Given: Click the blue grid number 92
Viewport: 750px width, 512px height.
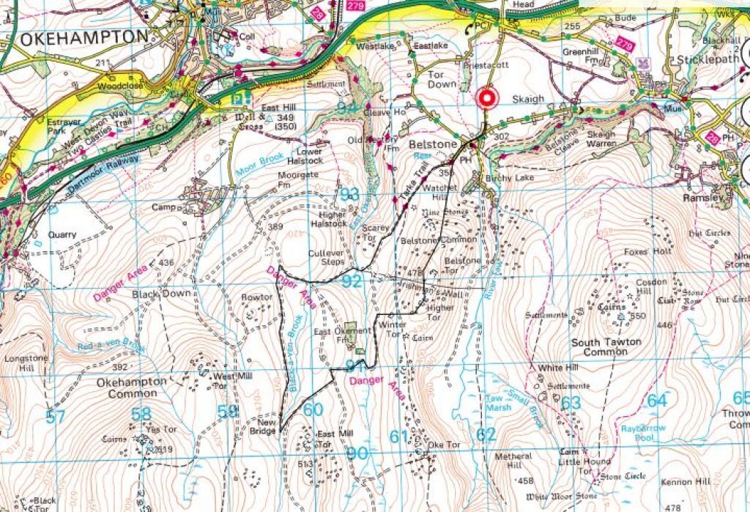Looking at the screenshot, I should pyautogui.click(x=352, y=281).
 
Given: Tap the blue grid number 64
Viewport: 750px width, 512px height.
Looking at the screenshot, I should pyautogui.click(x=657, y=401).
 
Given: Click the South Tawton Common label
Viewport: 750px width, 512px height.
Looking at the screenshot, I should pyautogui.click(x=606, y=347).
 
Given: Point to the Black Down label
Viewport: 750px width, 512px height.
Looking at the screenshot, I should pyautogui.click(x=161, y=294).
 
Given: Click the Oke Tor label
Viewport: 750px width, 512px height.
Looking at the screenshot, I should pyautogui.click(x=443, y=445).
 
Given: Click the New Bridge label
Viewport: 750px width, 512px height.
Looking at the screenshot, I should pyautogui.click(x=267, y=428).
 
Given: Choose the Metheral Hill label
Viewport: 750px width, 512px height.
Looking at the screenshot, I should pyautogui.click(x=513, y=461).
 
